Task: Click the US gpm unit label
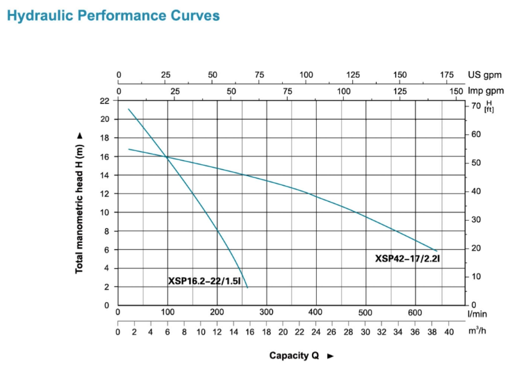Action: point(484,75)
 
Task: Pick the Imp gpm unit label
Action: point(485,90)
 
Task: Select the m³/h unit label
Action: point(477,331)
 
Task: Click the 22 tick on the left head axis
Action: point(105,101)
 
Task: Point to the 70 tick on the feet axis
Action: point(476,106)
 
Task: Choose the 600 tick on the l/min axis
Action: point(415,312)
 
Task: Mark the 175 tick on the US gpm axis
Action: point(447,75)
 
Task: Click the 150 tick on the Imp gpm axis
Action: point(456,90)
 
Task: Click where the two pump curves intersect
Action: point(167,157)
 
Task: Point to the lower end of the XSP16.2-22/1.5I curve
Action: point(247,287)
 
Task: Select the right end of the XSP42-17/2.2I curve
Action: point(437,251)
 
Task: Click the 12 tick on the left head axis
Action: point(105,193)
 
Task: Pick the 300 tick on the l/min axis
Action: point(267,312)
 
